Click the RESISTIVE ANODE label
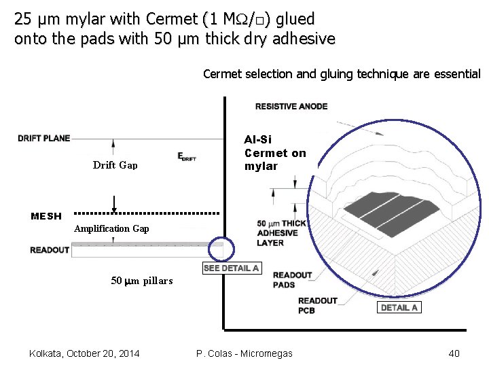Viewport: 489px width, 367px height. click(x=291, y=106)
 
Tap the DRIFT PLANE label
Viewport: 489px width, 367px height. click(x=44, y=139)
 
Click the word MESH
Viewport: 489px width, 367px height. click(x=46, y=216)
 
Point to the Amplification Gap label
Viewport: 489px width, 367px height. click(x=111, y=228)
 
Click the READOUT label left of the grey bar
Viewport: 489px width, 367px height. click(x=50, y=250)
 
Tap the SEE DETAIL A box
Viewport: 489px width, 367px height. click(x=232, y=268)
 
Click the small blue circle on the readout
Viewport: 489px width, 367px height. click(x=220, y=249)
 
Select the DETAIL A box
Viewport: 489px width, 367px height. click(x=399, y=307)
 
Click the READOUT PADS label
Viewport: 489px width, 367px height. click(x=293, y=280)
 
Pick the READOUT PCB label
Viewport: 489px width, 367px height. click(x=318, y=305)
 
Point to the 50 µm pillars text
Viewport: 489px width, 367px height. click(x=141, y=281)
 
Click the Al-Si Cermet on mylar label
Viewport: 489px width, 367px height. click(x=275, y=153)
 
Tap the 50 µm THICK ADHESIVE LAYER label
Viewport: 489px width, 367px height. click(x=281, y=232)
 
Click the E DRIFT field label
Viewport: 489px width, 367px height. click(x=187, y=156)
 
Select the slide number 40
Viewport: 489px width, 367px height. click(x=454, y=353)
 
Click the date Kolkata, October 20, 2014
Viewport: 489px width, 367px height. click(x=85, y=353)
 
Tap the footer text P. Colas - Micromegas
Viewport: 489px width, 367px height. click(x=244, y=353)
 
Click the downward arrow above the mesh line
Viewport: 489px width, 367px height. click(x=114, y=203)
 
